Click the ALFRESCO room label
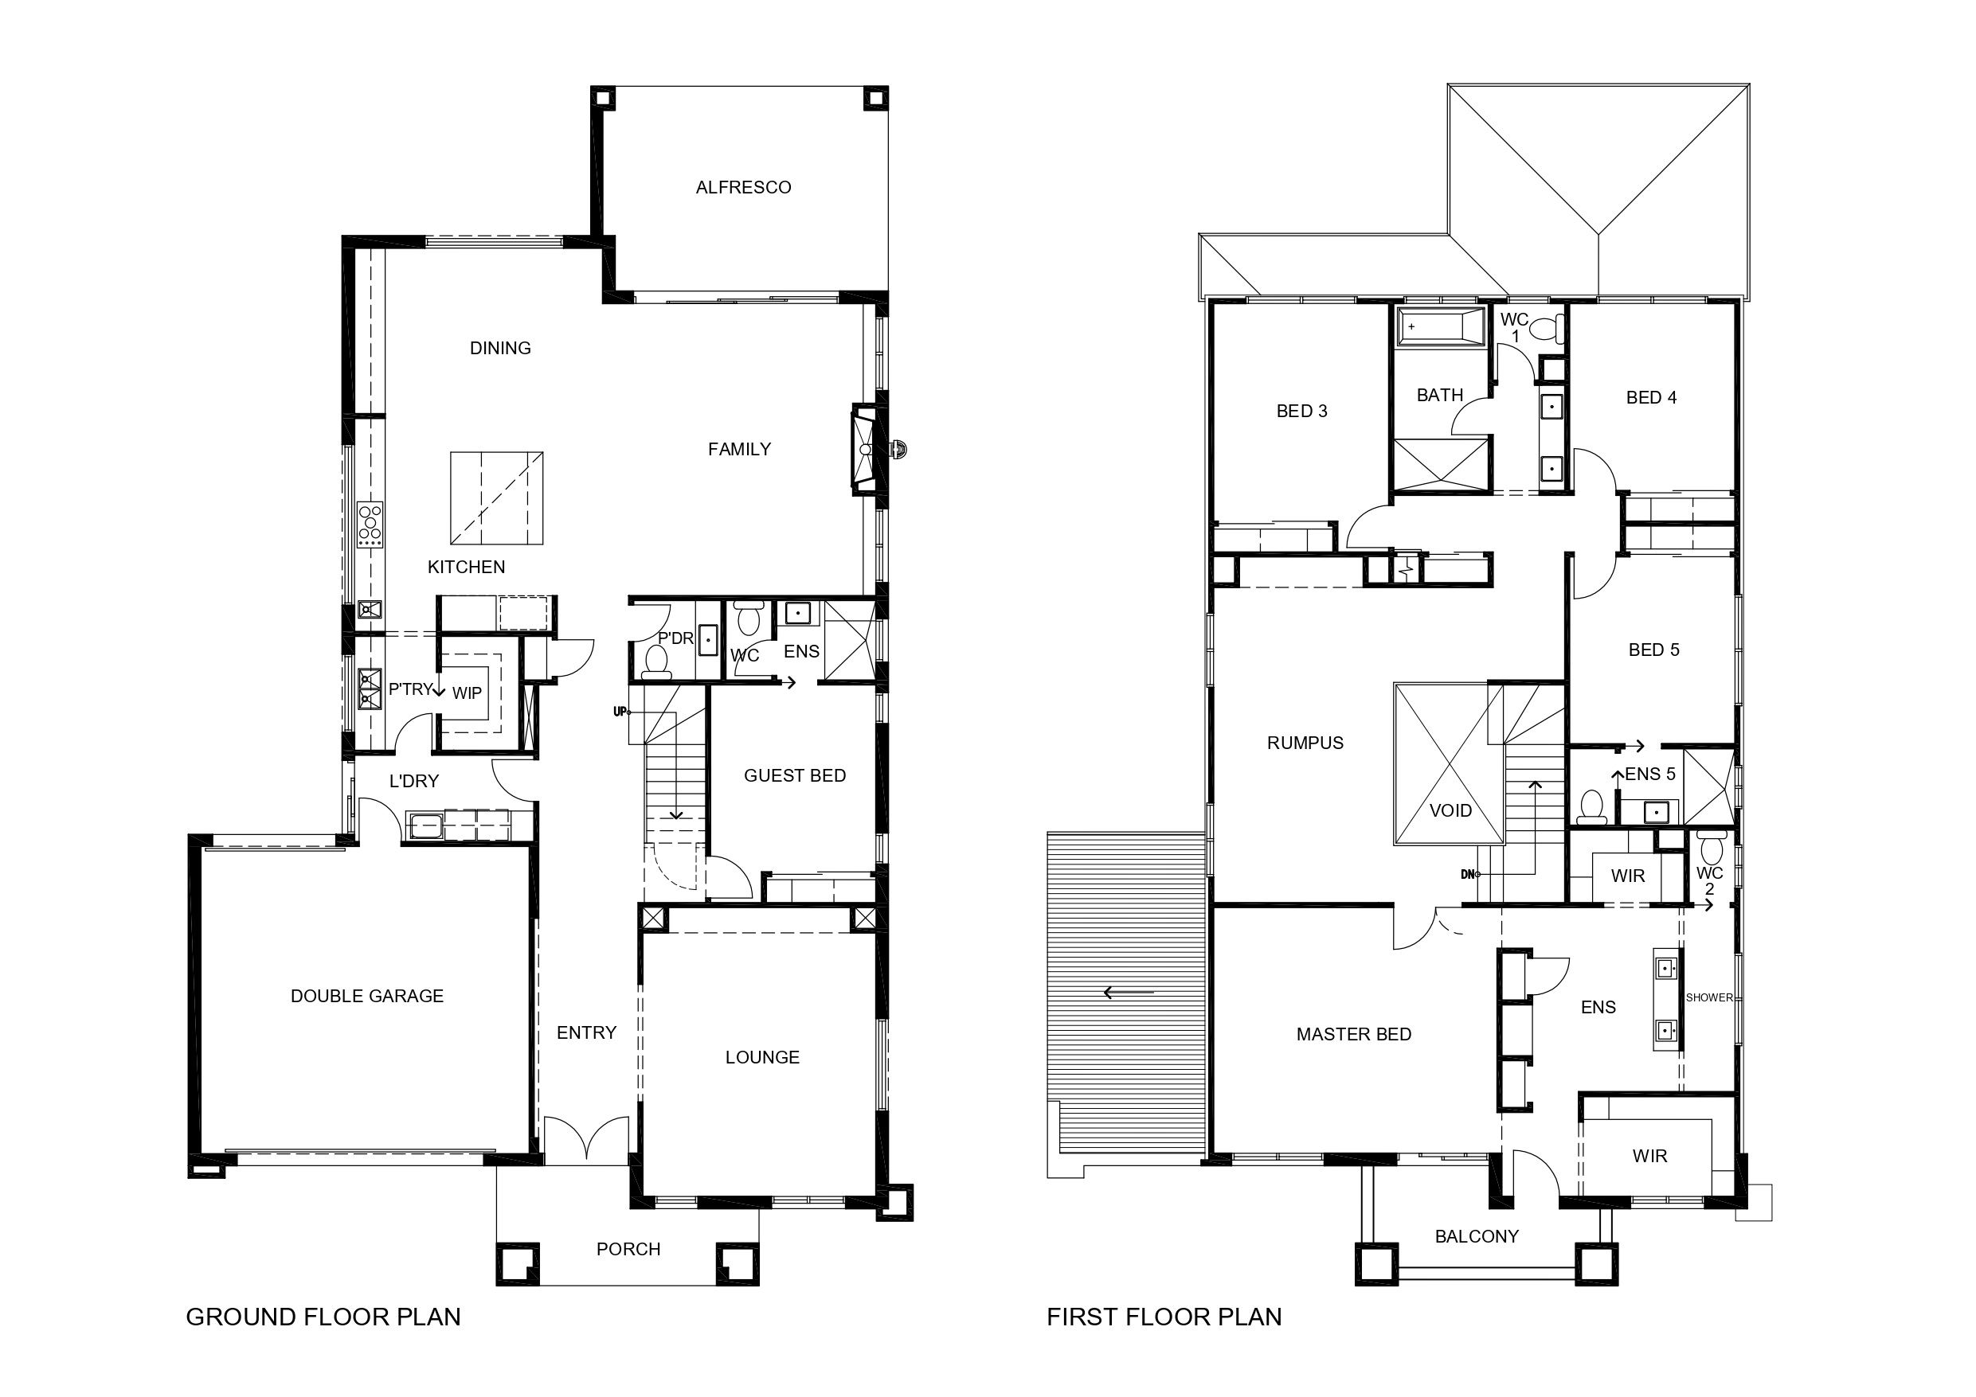click(x=744, y=188)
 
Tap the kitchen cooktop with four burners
click(x=371, y=525)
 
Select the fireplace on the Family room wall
click(x=865, y=449)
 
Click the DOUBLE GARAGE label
click(x=367, y=996)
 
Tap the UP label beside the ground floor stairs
click(x=620, y=712)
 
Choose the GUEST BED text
click(x=794, y=776)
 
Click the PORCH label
click(x=628, y=1249)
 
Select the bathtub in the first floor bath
click(x=1441, y=327)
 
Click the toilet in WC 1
click(x=1546, y=328)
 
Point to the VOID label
click(x=1451, y=810)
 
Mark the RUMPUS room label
click(x=1305, y=743)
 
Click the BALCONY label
click(x=1477, y=1236)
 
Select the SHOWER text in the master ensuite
click(x=1709, y=998)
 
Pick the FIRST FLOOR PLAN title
click(x=1164, y=1317)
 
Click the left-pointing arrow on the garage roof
click(x=1129, y=993)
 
